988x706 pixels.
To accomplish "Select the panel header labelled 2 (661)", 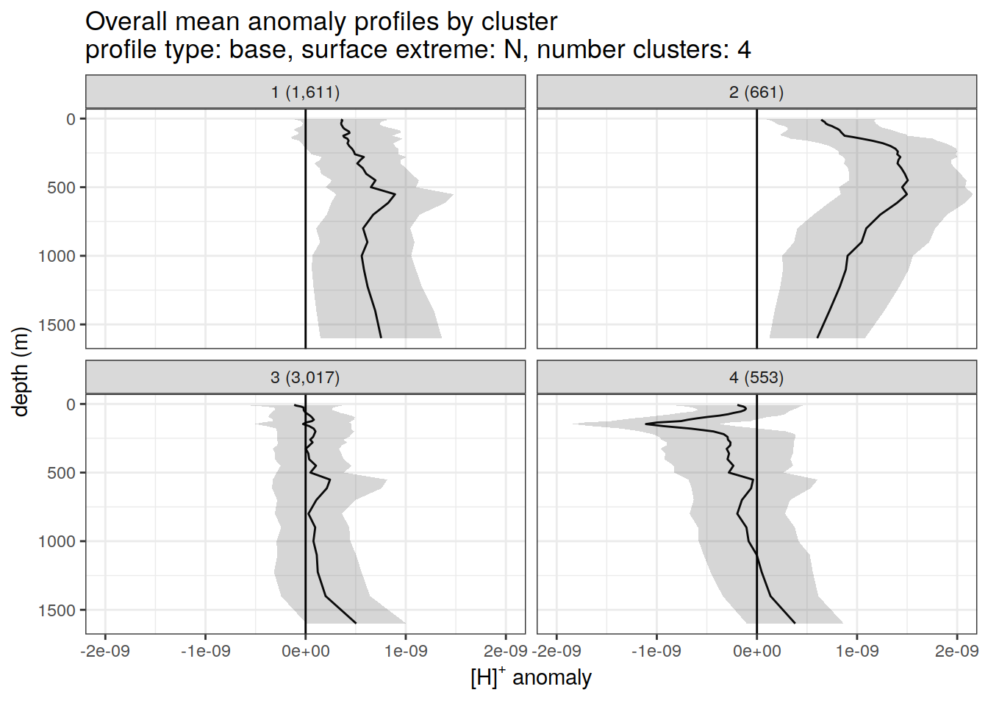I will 756,93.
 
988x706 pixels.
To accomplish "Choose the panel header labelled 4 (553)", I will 756,378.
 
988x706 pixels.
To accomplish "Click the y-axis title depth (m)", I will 21,371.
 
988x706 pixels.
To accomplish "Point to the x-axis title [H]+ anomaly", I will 531,677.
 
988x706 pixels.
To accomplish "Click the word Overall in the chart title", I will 126,22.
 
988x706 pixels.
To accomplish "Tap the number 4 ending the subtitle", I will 744,50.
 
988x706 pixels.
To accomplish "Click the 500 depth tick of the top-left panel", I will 62,188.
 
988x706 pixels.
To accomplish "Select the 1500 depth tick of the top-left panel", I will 57,325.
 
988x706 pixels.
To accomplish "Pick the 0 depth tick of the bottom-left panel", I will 71,404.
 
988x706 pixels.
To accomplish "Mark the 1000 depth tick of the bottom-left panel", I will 57,542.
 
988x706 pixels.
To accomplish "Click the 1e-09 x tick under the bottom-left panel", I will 406,652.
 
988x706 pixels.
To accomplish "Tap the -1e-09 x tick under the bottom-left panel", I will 205,652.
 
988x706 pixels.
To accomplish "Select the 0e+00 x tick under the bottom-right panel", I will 756,652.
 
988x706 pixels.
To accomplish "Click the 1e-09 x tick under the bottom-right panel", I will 857,652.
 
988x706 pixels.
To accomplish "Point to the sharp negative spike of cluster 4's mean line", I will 646,424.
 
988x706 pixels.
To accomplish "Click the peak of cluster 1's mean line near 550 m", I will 395,195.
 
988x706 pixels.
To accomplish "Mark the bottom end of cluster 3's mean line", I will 356,623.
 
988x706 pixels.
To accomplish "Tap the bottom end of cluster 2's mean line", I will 817,338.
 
